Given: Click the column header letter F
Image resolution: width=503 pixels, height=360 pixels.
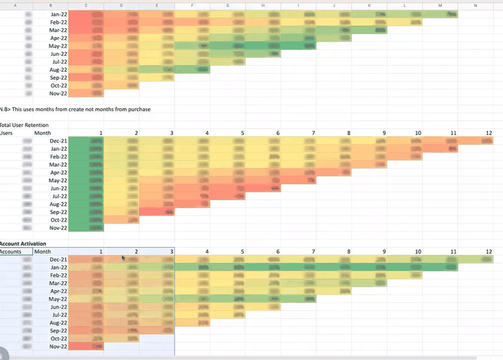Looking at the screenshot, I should coord(191,5).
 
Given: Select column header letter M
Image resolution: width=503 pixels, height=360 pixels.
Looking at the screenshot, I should coord(440,5).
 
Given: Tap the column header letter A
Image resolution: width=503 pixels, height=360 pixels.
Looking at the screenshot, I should coord(15,5).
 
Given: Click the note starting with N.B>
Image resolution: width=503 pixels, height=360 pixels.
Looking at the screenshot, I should coord(75,109).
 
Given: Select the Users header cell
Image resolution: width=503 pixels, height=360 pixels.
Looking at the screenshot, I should coord(8,133).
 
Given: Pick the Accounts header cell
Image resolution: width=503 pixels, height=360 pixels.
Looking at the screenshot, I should coord(11,251).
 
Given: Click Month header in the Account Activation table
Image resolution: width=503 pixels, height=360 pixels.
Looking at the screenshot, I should coord(43,251).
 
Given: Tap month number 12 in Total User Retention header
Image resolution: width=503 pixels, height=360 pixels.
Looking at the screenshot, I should coord(489,133).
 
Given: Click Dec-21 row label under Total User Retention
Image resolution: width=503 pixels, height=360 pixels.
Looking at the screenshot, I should coord(58,141).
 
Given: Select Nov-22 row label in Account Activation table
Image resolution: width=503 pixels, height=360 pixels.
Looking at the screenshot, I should coord(58,346).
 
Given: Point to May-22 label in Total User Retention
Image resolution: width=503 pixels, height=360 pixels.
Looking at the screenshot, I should coord(58,181).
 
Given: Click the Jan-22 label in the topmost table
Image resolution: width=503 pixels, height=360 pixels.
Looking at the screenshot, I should coord(58,14).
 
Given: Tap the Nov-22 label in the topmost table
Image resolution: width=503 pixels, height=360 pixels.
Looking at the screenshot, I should coord(58,94).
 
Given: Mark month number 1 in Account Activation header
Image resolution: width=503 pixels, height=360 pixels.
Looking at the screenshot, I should coord(100,251).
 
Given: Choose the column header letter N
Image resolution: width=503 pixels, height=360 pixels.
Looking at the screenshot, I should coord(476,5).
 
